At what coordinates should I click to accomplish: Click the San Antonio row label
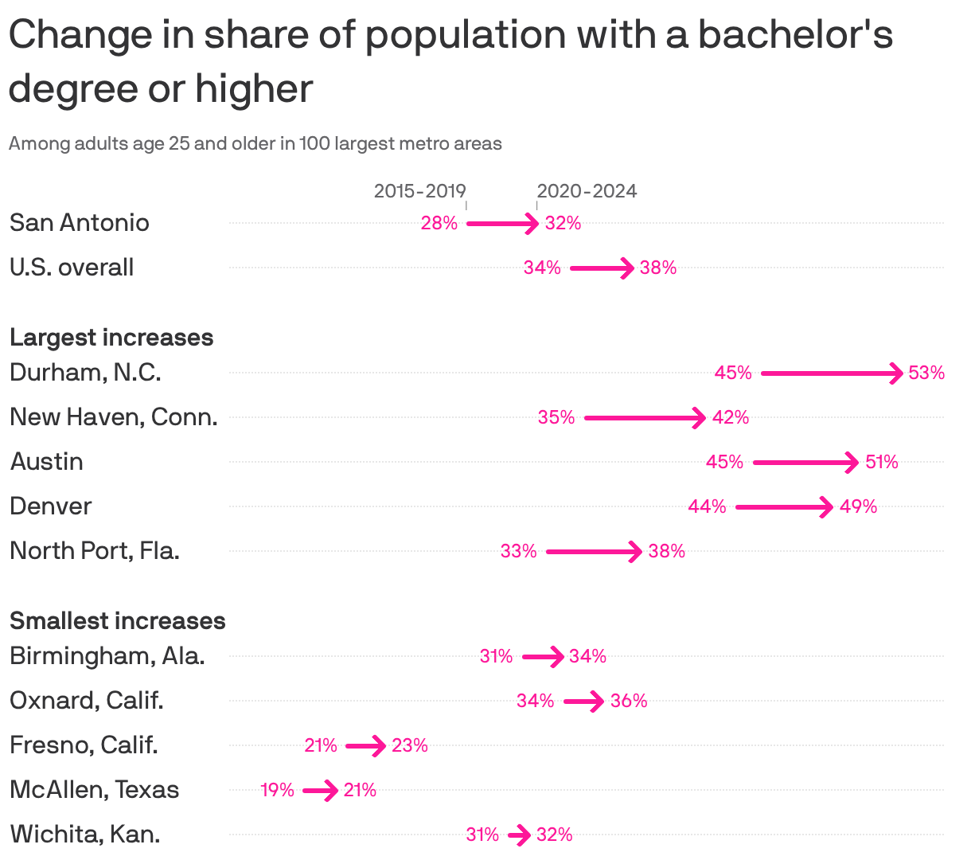79,222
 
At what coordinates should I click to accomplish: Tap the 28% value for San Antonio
439,223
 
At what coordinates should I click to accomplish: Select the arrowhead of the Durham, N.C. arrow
896,373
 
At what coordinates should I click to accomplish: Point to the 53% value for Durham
926,373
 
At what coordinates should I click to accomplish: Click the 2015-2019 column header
419,191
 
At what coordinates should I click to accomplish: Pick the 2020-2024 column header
587,191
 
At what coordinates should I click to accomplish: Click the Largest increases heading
111,338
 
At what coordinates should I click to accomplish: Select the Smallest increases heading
117,621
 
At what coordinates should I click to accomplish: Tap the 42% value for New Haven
730,417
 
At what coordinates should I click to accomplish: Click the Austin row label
46,462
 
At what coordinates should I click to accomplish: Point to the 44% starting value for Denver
707,506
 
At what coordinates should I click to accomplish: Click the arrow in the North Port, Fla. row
594,551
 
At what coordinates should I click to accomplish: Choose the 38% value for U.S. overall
657,268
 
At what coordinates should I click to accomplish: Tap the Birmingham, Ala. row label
107,656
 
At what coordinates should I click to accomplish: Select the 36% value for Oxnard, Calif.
629,701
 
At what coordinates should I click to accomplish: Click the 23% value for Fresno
409,745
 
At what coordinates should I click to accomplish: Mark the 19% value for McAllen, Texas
277,790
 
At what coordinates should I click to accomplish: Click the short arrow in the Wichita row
519,835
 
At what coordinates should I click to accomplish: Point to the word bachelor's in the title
795,35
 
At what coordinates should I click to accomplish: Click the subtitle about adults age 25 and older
255,144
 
